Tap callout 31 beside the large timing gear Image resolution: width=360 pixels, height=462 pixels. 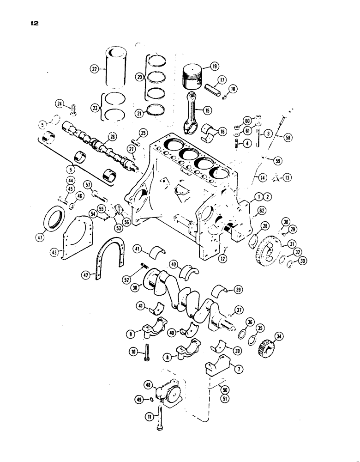tap(293, 244)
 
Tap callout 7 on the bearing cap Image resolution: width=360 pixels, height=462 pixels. tap(239, 369)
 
